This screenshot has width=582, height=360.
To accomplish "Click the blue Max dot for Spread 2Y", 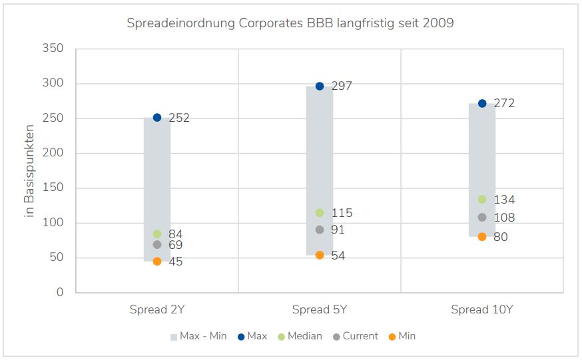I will click(x=157, y=118).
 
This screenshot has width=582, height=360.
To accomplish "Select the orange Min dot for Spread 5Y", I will click(x=320, y=256).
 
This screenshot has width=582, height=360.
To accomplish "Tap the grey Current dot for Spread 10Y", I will click(x=482, y=218).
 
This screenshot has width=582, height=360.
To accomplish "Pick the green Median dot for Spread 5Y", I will click(x=320, y=213).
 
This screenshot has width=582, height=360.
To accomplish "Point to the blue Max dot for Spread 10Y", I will click(x=482, y=104).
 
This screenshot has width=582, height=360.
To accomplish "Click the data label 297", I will click(x=342, y=86).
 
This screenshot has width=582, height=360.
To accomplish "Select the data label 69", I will click(x=175, y=245).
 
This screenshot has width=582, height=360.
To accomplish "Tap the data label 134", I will click(x=504, y=200).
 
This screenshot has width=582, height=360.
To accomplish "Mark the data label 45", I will click(x=175, y=262).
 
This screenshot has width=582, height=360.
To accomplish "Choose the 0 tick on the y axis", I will click(x=60, y=293).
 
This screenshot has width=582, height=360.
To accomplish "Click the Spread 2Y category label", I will click(x=156, y=310).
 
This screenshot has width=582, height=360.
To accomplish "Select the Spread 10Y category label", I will click(x=481, y=310).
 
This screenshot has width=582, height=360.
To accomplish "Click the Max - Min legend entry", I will click(x=198, y=337).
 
